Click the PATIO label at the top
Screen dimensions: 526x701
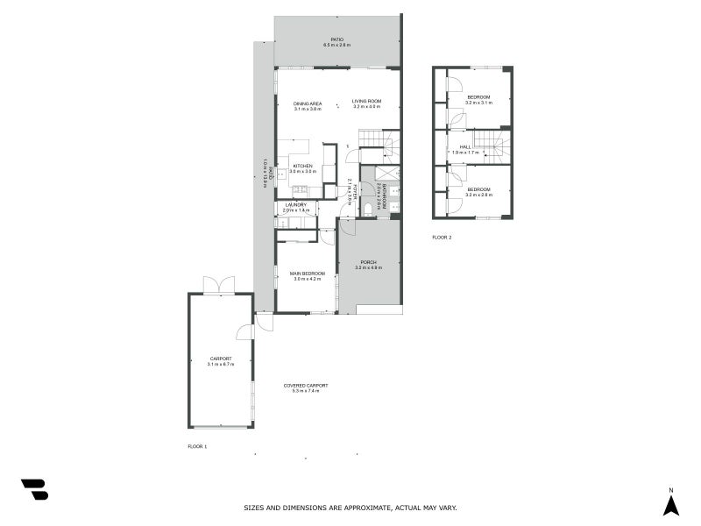336,39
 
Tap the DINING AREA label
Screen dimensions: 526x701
308,103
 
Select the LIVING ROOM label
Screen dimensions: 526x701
367,102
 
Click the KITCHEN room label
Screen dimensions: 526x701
303,166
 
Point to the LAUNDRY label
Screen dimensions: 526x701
295,205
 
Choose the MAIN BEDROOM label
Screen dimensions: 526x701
308,274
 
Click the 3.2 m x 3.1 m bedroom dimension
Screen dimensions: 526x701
478,103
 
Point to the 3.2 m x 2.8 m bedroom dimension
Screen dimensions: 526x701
478,195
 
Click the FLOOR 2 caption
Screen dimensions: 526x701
442,238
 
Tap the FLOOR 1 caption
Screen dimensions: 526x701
197,446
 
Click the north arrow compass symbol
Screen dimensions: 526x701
671,505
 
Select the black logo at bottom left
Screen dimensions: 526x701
34,489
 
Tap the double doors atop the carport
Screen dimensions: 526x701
219,285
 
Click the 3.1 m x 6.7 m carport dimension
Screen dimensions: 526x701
220,364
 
